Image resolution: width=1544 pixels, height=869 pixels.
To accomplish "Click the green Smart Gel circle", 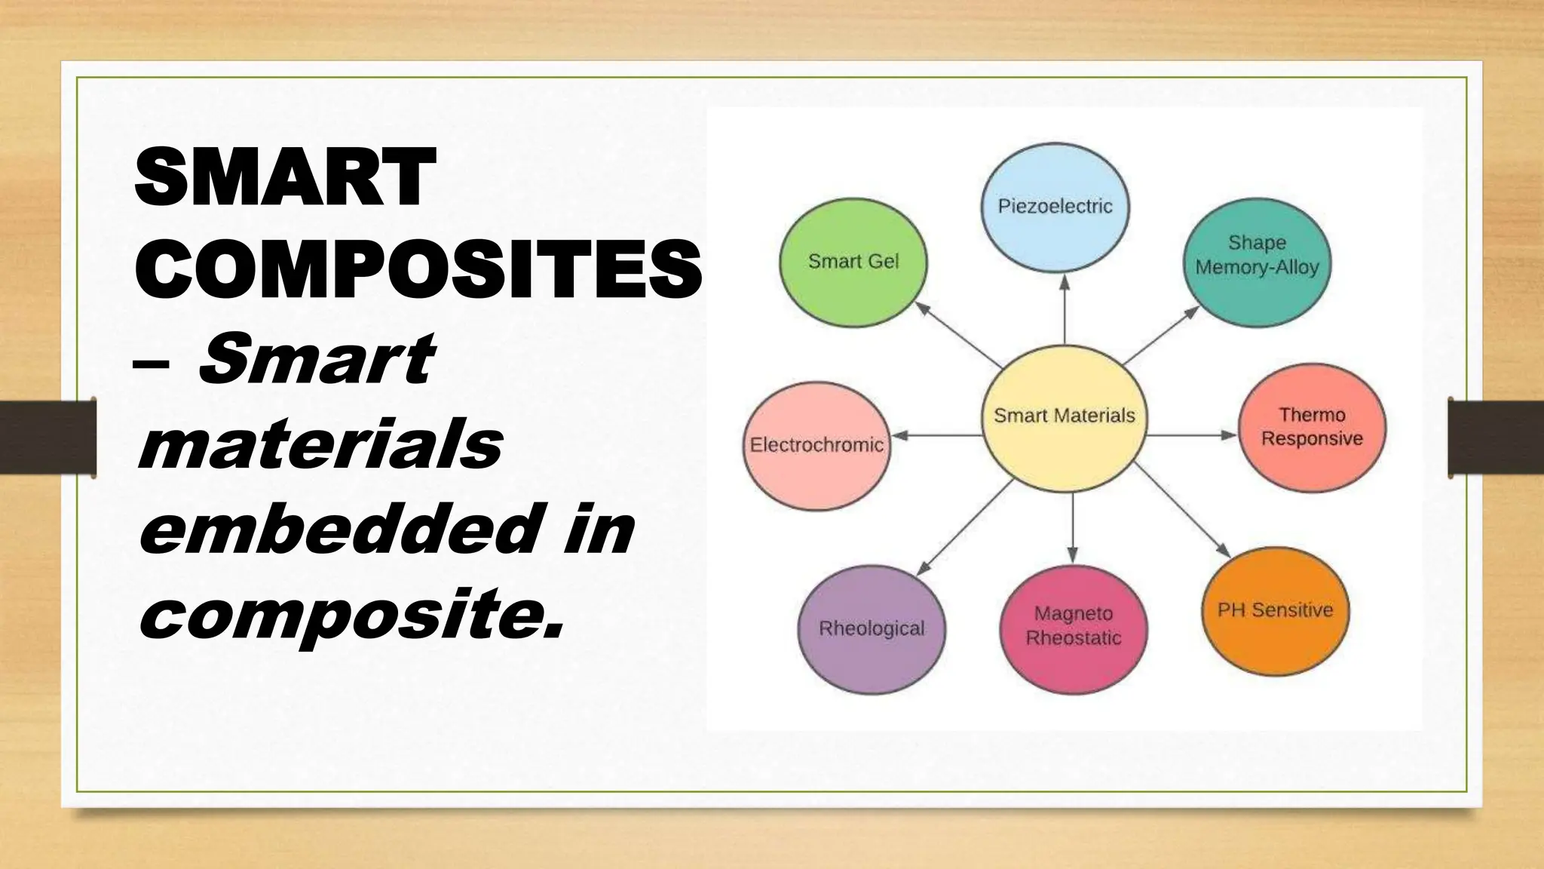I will (853, 263).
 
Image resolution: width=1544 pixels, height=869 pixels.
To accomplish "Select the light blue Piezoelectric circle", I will (1055, 206).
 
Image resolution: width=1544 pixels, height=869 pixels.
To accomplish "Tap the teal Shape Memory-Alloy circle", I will (1257, 263).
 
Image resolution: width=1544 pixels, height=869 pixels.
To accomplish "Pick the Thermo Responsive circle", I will (1312, 428).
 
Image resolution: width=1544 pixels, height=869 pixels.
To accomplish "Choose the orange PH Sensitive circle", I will (1275, 610).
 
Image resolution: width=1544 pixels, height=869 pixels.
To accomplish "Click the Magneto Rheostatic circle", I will (1074, 628).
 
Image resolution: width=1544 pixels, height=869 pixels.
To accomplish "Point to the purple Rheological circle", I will (872, 629).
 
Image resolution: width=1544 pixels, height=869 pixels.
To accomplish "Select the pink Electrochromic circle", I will (816, 445).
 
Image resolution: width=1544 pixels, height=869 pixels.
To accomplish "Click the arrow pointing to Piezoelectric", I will (1065, 309).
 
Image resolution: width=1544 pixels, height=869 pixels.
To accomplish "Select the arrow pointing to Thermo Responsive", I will (1191, 435).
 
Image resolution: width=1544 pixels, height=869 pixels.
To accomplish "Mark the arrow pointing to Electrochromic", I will (937, 435).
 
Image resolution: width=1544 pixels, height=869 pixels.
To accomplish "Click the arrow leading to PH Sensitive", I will (1182, 511).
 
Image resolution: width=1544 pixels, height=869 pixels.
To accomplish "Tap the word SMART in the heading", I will (286, 178).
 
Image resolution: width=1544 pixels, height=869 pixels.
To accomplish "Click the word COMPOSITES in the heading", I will (418, 268).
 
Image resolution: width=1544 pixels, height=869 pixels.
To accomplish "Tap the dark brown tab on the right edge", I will (1496, 438).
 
